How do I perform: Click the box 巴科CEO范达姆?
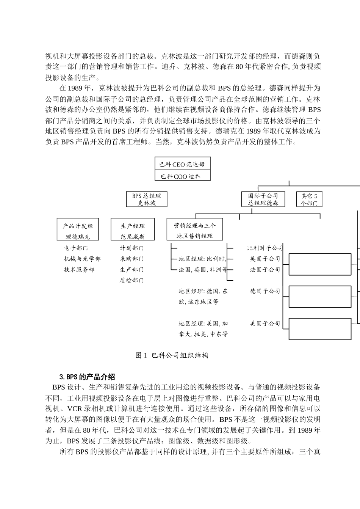183,164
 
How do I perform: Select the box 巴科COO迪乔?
183,176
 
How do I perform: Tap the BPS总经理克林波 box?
147,199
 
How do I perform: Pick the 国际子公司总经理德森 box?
263,199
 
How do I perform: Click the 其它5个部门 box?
309,199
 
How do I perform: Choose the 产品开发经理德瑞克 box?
78,229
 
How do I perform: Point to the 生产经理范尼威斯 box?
133,229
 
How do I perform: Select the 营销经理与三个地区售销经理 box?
195,230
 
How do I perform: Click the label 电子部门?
76,248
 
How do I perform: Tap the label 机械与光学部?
82,259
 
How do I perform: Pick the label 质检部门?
132,280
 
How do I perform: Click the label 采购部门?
132,259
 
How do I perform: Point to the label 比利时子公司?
265,248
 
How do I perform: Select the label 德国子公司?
265,291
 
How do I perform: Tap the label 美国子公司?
265,324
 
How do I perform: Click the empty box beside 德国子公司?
320,296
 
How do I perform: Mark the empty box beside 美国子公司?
320,328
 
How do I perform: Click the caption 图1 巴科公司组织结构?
172,355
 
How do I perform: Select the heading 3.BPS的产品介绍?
87,377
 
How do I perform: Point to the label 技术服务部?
79,270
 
